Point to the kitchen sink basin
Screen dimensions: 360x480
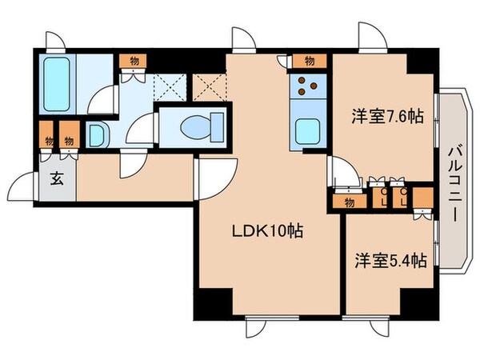[307, 130]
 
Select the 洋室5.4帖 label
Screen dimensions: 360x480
[390, 260]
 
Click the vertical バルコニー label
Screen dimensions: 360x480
[454, 177]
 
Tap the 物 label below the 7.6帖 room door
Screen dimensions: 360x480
[349, 203]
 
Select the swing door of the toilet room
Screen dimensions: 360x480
[144, 128]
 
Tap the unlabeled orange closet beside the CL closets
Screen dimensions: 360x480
[422, 197]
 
